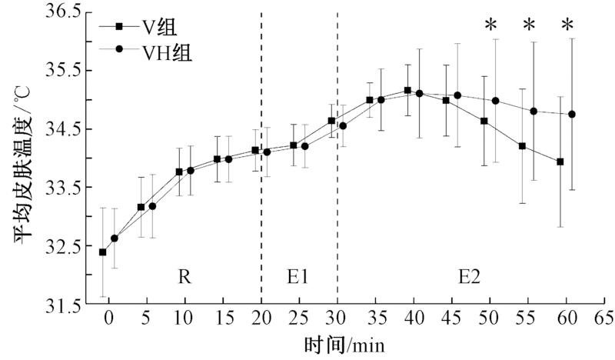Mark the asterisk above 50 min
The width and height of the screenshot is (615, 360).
pyautogui.click(x=490, y=26)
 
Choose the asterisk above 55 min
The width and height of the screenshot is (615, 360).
pyautogui.click(x=529, y=26)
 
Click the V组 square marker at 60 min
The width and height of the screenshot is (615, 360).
pyautogui.click(x=560, y=162)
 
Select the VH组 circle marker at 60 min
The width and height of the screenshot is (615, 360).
pyautogui.click(x=572, y=114)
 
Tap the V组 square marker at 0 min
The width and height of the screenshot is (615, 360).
pyautogui.click(x=103, y=252)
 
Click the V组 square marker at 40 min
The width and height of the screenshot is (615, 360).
pyautogui.click(x=407, y=90)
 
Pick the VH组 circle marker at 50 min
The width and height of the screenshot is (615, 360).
pyautogui.click(x=495, y=101)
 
